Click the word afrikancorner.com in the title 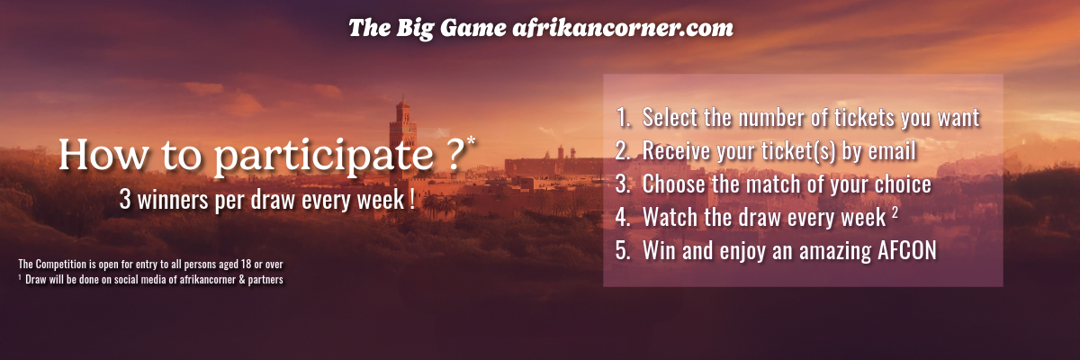pyautogui.click(x=623, y=28)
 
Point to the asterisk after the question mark pyautogui.click(x=471, y=140)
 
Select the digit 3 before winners pyautogui.click(x=125, y=199)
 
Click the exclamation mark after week pyautogui.click(x=413, y=199)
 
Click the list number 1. pyautogui.click(x=624, y=118)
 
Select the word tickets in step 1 pyautogui.click(x=864, y=118)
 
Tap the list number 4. pyautogui.click(x=623, y=217)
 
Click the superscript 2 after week pyautogui.click(x=895, y=212)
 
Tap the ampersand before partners pyautogui.click(x=241, y=280)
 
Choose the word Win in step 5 pyautogui.click(x=659, y=250)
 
